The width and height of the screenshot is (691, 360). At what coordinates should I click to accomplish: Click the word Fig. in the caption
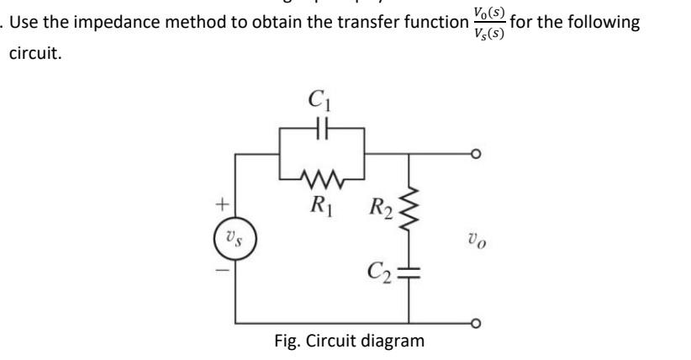(288, 341)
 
